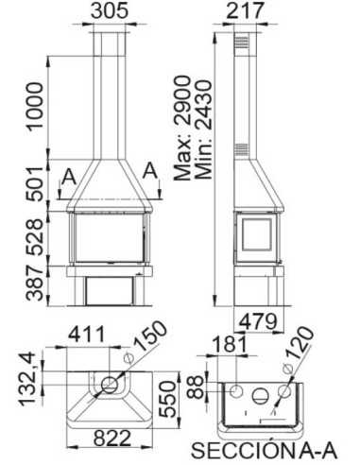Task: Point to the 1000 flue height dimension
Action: point(35,103)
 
